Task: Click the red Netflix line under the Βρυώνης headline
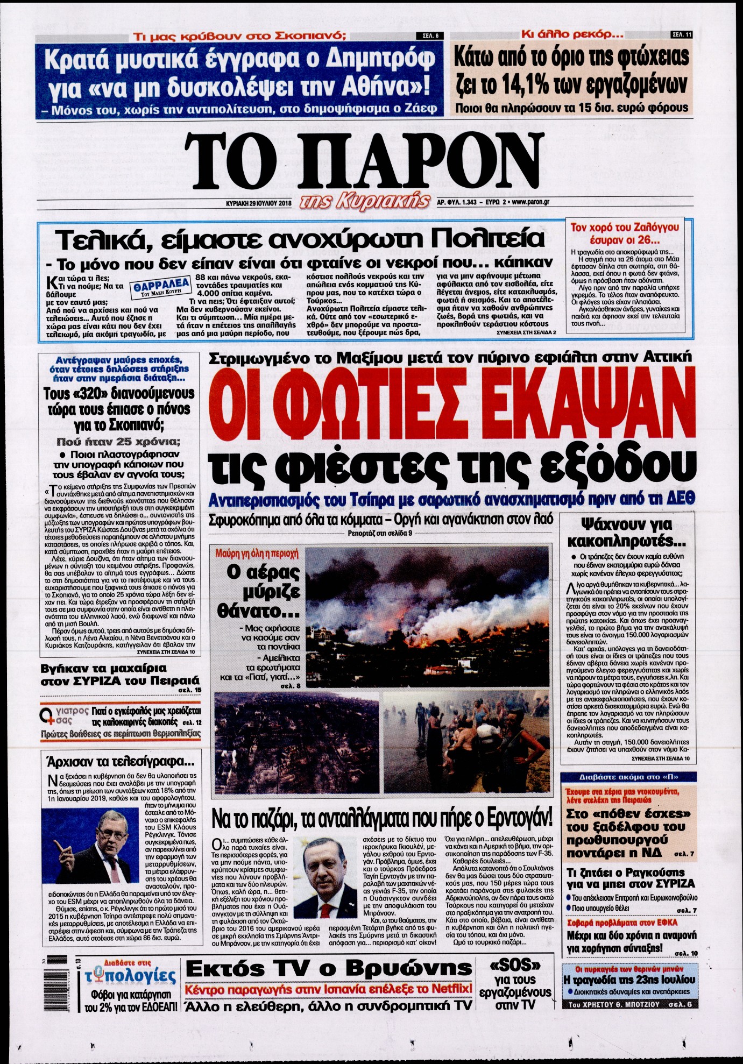click(x=328, y=989)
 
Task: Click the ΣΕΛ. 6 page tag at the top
click(x=428, y=36)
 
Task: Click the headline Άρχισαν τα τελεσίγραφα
click(x=120, y=762)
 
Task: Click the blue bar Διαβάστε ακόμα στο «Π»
click(x=628, y=777)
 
